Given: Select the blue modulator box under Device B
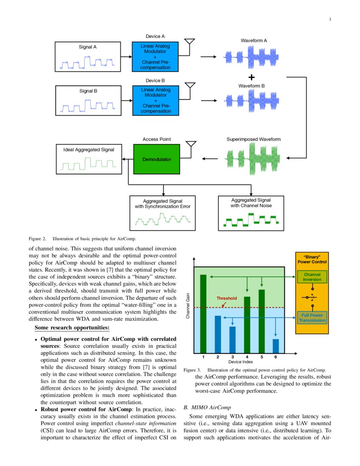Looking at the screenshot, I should [155, 100].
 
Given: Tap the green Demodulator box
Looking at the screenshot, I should [156, 159].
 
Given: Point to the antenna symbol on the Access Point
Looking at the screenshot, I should [191, 144].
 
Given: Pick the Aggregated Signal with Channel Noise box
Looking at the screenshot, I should [251, 213].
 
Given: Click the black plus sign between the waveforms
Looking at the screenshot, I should [252, 77].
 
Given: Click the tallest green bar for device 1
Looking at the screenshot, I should [203, 313].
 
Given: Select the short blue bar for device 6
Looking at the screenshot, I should [276, 346].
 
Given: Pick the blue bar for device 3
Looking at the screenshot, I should [233, 340].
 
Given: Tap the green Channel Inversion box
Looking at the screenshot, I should [312, 277].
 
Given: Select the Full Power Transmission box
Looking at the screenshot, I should [312, 318].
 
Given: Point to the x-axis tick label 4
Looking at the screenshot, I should [247, 357].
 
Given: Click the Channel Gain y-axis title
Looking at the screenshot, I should [188, 308].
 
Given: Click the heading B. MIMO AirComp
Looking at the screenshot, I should [207, 408].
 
